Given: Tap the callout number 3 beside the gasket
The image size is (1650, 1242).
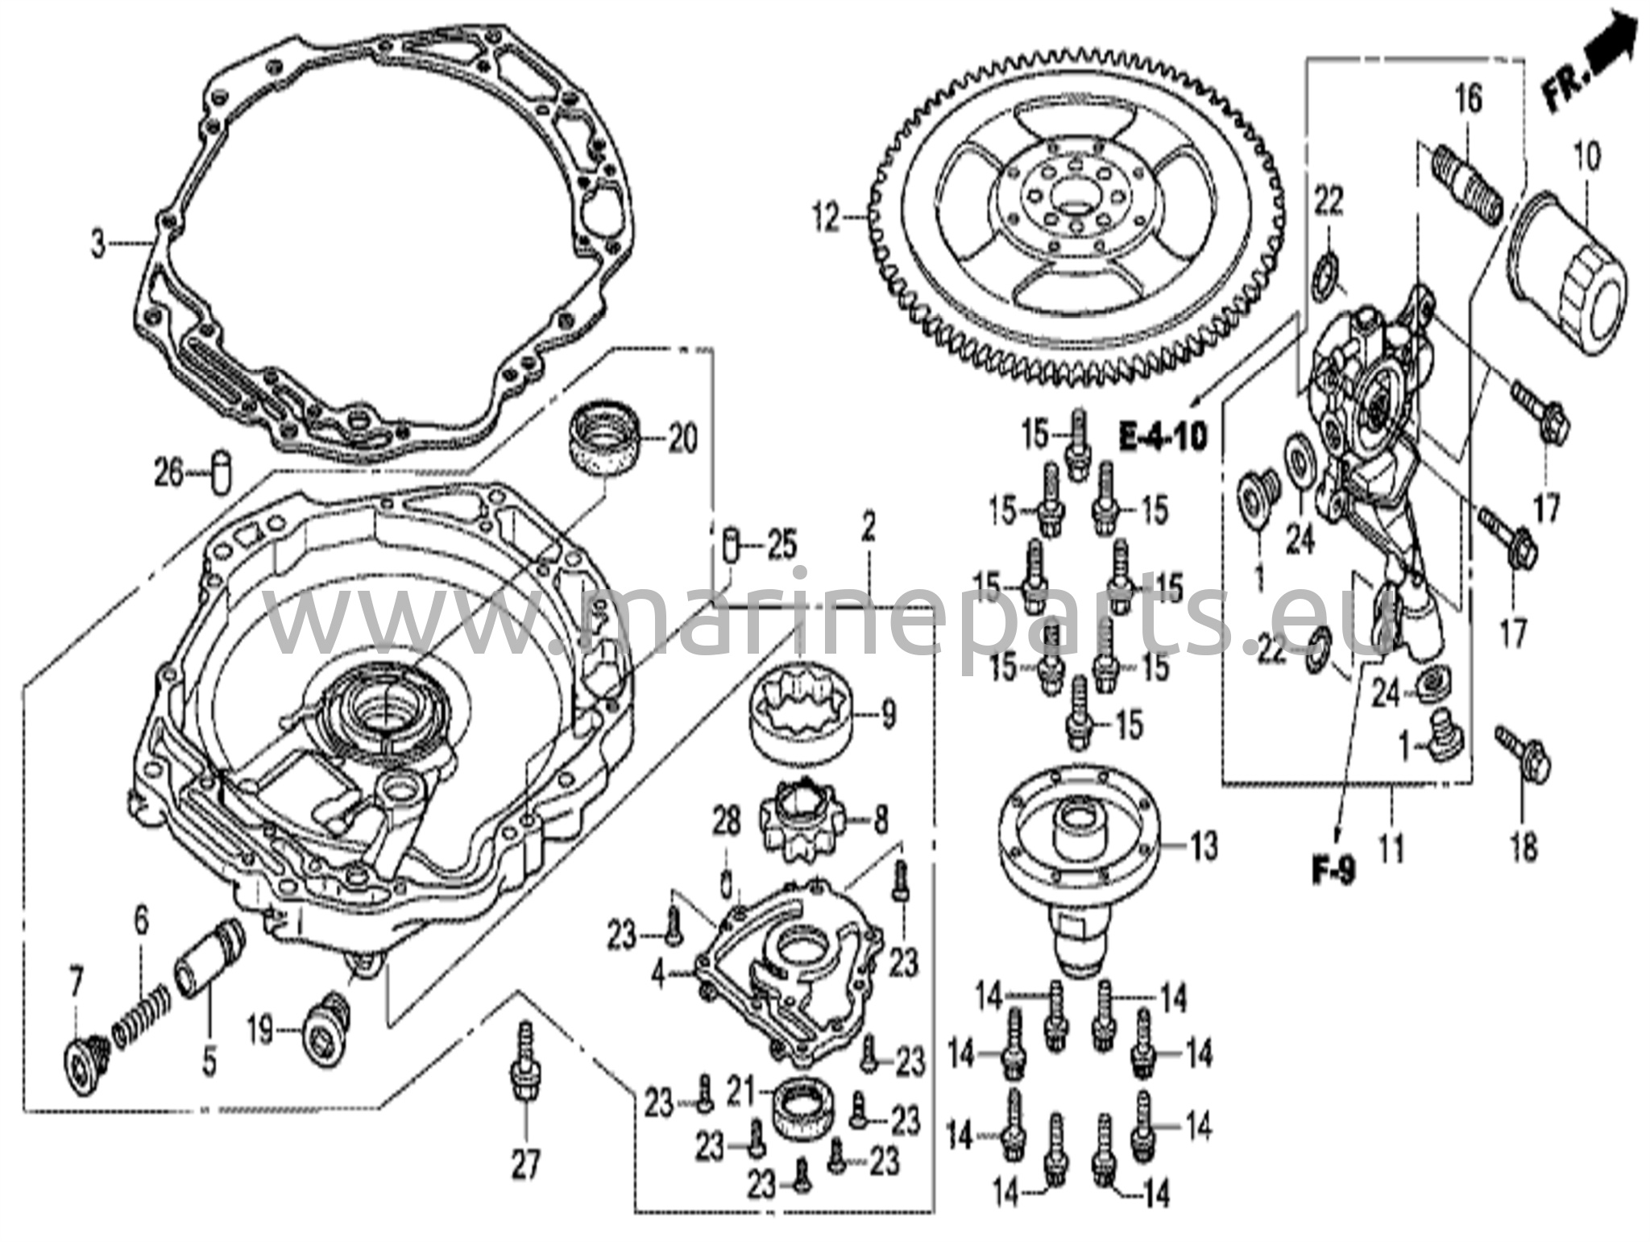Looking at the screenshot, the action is [97, 243].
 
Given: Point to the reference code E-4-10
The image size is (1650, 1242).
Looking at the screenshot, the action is [1163, 438].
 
